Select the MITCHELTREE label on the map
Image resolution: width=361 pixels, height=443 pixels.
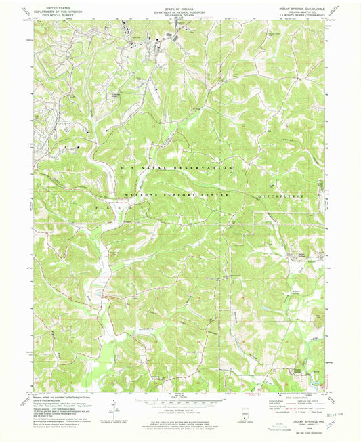click(274, 195)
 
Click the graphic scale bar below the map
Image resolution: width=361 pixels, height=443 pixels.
click(180, 399)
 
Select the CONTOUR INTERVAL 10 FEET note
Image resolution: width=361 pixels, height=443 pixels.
click(180, 408)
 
